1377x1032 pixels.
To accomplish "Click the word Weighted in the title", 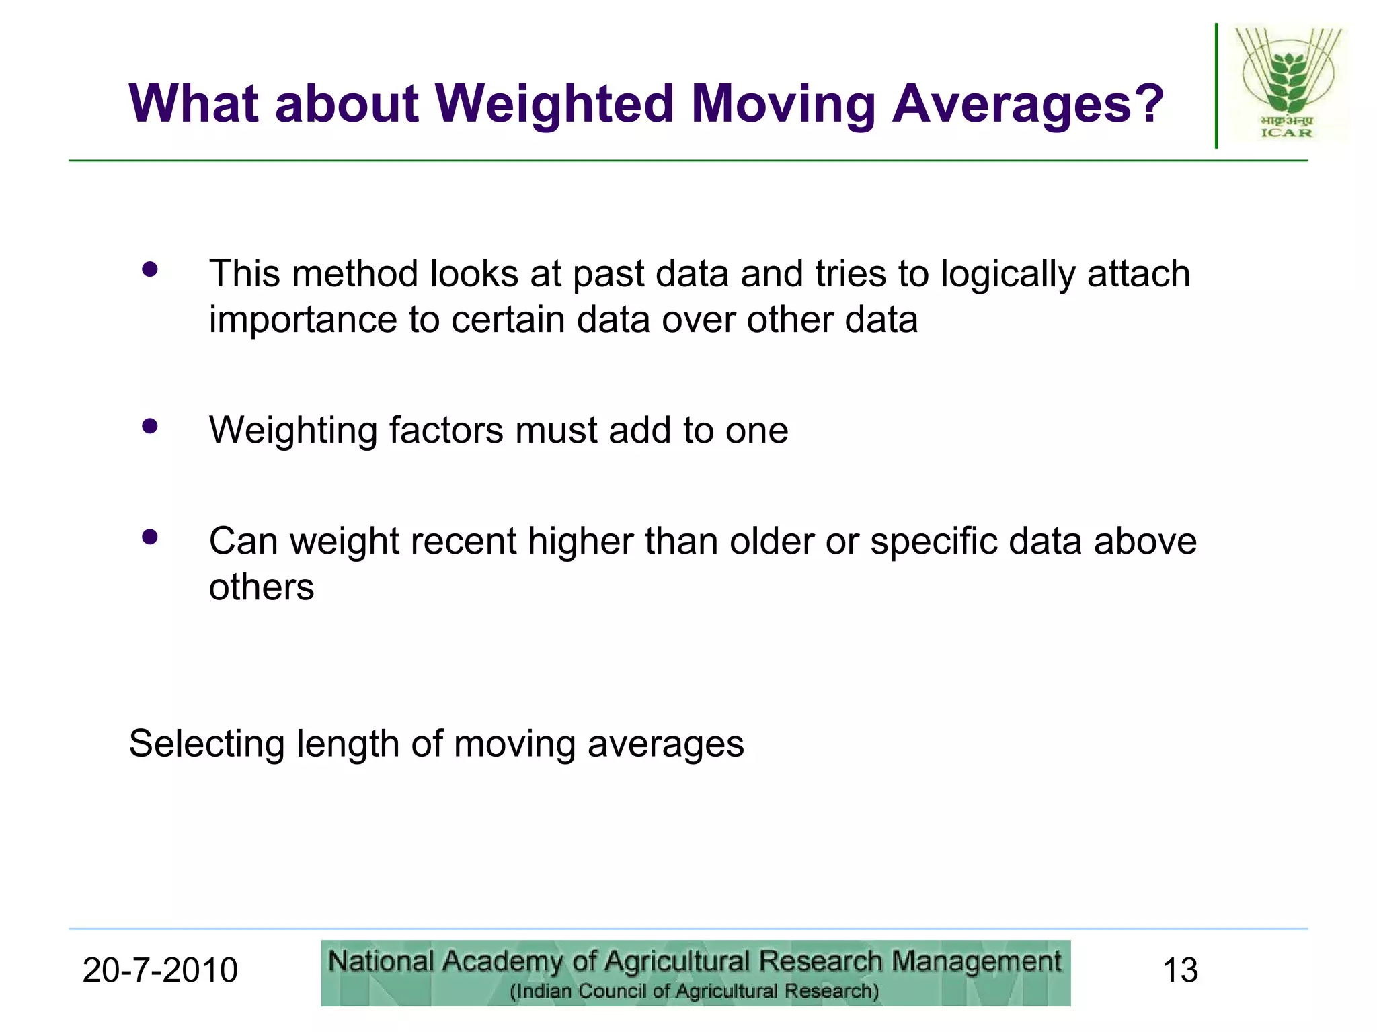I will coord(555,104).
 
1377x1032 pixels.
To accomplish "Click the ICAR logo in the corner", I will coord(1287,84).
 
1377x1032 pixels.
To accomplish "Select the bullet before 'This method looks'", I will coord(150,269).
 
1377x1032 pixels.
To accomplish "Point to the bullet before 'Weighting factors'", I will coord(150,426).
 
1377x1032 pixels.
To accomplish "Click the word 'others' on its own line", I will coord(262,587).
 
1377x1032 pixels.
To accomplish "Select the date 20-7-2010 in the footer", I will coord(160,970).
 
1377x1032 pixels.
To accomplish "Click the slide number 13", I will coord(1180,970).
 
